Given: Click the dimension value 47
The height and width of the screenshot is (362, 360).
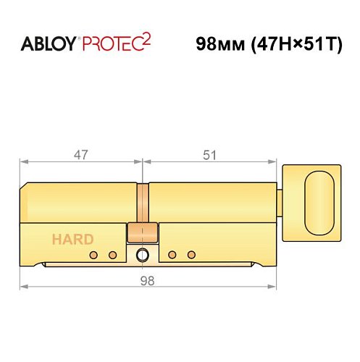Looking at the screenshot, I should point(82,154).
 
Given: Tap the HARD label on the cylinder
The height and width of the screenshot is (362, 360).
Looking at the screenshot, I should point(72,239).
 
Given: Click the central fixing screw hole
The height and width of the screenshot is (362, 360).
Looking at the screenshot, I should point(142,255).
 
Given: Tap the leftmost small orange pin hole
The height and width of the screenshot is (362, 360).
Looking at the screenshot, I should point(93,255).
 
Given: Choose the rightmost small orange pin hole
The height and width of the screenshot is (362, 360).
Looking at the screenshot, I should point(191,255).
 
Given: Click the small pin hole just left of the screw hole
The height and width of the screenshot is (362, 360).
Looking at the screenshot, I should point(112,255).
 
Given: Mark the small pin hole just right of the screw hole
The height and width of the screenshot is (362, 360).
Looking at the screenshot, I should point(172,255).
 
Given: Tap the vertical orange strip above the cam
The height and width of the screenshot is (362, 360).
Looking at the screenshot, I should point(143,203).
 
